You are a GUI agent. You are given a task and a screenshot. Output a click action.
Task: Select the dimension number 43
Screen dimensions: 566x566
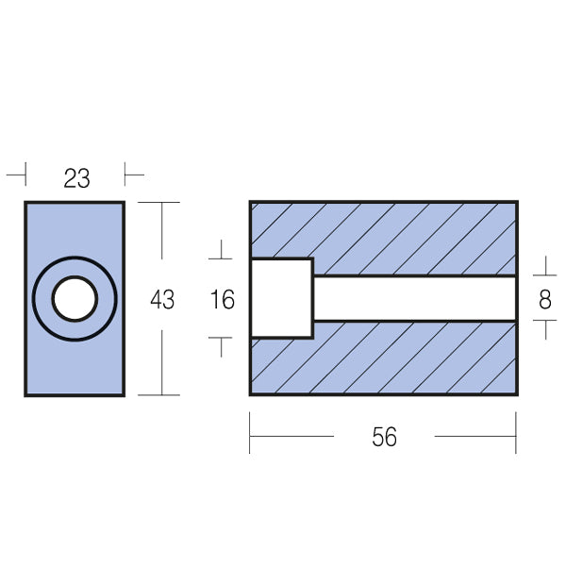[162, 300]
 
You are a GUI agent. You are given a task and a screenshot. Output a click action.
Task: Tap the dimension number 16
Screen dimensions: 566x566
[222, 300]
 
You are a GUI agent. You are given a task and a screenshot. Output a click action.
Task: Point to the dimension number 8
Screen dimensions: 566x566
[544, 300]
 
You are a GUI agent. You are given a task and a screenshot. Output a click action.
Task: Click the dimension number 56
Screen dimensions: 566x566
[384, 437]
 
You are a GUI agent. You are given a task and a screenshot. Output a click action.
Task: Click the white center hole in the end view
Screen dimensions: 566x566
[75, 299]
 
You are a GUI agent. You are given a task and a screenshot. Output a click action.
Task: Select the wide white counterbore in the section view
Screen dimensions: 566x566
[281, 298]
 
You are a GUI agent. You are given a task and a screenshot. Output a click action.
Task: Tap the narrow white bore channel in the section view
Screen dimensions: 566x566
[415, 298]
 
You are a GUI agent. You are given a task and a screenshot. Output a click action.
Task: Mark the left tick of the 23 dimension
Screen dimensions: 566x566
[18, 175]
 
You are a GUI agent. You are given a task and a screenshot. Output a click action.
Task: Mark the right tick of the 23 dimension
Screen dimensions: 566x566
[132, 175]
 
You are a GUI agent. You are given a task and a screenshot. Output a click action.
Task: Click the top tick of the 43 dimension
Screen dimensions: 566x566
[163, 204]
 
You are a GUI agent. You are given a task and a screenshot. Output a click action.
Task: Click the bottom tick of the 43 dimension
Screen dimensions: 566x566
[163, 393]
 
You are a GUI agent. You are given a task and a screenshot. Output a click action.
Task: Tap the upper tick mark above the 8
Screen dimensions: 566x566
[544, 268]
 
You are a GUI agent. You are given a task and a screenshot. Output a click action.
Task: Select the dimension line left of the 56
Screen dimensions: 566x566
[291, 437]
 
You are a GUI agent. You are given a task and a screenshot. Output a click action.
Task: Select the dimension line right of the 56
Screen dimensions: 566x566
[474, 437]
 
